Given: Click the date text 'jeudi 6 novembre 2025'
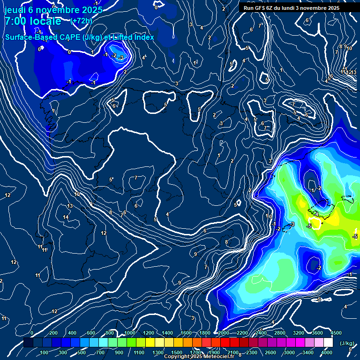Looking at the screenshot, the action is [x=53, y=9].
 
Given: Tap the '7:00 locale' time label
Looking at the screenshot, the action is [x=32, y=21].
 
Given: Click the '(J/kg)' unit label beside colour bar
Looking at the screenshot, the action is [x=347, y=343].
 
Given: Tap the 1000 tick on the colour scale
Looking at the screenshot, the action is [x=130, y=333].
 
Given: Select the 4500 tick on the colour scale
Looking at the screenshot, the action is [x=336, y=333].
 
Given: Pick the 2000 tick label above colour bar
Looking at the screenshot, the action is [x=223, y=333].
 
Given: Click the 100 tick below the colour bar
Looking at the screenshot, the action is [x=44, y=352].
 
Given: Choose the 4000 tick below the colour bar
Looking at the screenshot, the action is [x=327, y=352].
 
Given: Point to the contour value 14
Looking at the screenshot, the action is [x=66, y=217].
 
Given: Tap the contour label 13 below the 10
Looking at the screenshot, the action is [x=70, y=206].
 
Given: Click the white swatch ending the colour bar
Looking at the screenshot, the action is [x=328, y=343].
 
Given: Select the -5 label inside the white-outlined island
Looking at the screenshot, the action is [x=309, y=226].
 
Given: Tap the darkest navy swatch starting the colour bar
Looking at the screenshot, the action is [x=28, y=343].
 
